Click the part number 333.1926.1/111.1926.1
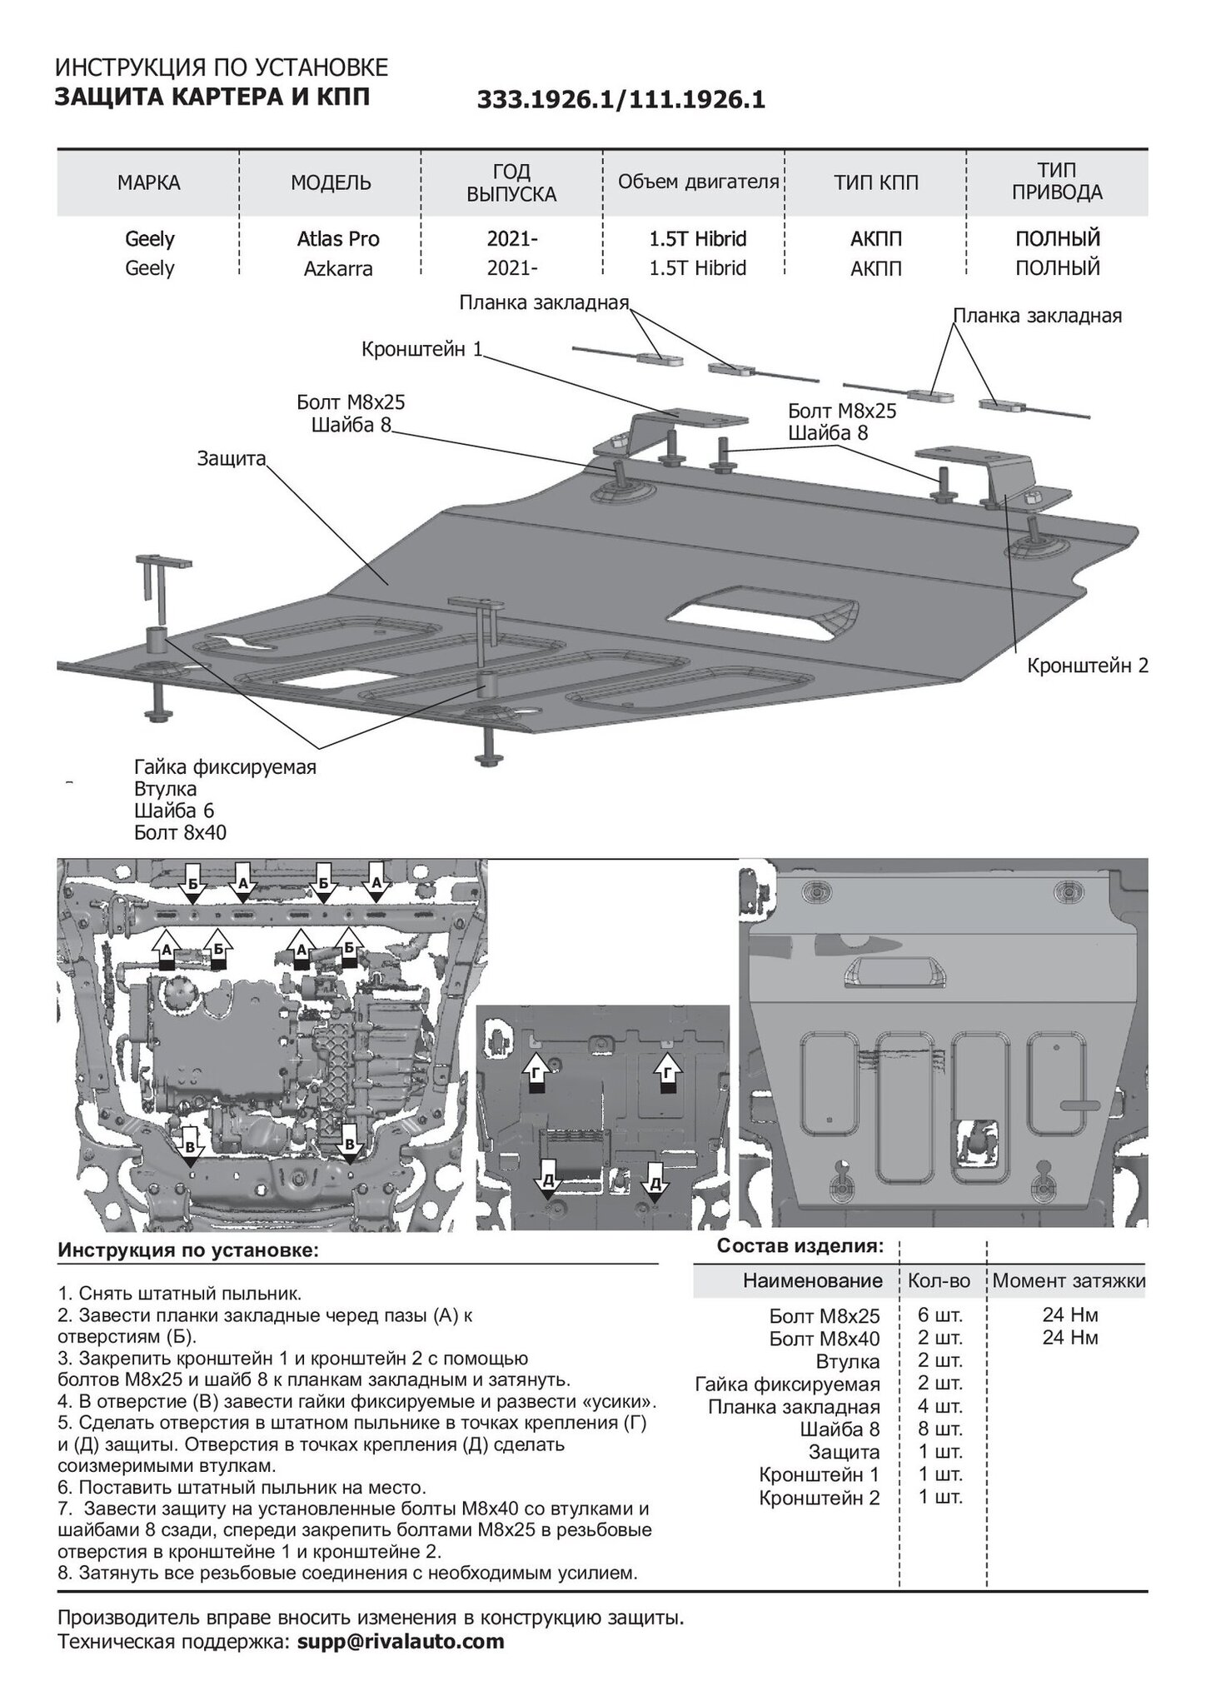pos(620,101)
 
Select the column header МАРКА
pos(149,183)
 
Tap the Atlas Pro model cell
pos(338,239)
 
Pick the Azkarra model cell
pos(338,268)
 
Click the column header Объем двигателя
pos(699,182)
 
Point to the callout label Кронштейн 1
pos(422,349)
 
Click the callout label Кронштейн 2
pos(1088,666)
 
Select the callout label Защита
pos(232,458)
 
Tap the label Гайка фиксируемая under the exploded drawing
pos(226,766)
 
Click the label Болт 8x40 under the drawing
pos(180,832)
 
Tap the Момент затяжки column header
pos(1069,1280)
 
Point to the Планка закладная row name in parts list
pos(794,1407)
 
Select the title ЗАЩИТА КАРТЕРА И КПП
pos(212,98)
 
